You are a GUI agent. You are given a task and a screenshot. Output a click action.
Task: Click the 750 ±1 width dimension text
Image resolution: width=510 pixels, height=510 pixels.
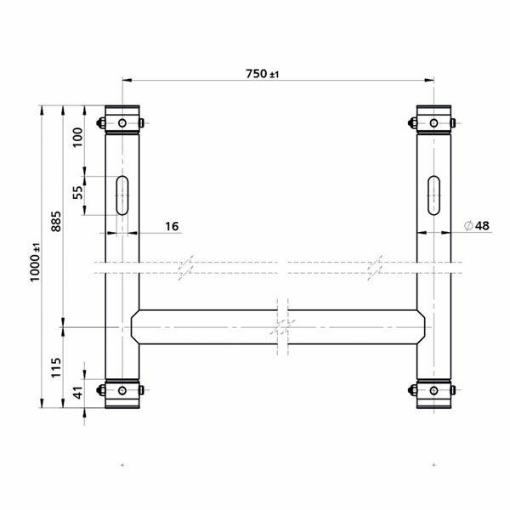263,74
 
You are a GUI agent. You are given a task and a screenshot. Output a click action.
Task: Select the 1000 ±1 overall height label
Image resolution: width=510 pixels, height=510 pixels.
35,262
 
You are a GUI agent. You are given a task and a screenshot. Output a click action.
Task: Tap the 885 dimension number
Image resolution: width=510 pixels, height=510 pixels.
56,222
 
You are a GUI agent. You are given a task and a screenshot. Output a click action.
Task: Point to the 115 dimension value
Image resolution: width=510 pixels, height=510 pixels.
56,367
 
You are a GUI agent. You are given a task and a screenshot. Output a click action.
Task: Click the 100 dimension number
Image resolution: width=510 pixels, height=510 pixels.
77,138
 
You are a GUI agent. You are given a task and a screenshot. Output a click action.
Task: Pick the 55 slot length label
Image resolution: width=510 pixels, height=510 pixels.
77,193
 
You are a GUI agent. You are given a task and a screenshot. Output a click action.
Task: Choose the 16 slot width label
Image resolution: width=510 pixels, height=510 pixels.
172,226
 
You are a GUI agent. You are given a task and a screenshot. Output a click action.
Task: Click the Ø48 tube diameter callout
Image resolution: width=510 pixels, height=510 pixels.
477,225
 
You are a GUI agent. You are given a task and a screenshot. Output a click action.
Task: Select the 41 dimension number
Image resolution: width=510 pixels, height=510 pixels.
78,393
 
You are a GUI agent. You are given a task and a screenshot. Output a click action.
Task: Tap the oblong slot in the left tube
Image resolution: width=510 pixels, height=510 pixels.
122,195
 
